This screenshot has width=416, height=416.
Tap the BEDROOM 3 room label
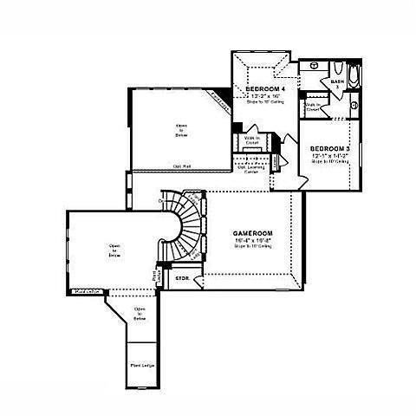pyautogui.click(x=329, y=148)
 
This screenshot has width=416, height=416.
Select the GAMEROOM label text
pyautogui.click(x=252, y=234)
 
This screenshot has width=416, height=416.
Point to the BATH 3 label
pyautogui.click(x=336, y=83)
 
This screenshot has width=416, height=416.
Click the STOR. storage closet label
pyautogui.click(x=183, y=279)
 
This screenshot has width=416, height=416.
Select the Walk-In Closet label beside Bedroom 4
pyautogui.click(x=252, y=140)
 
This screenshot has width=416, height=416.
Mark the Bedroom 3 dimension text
pyautogui.click(x=329, y=156)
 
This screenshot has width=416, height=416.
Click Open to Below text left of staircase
pyautogui.click(x=114, y=250)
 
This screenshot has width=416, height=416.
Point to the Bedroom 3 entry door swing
pyautogui.click(x=295, y=173)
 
